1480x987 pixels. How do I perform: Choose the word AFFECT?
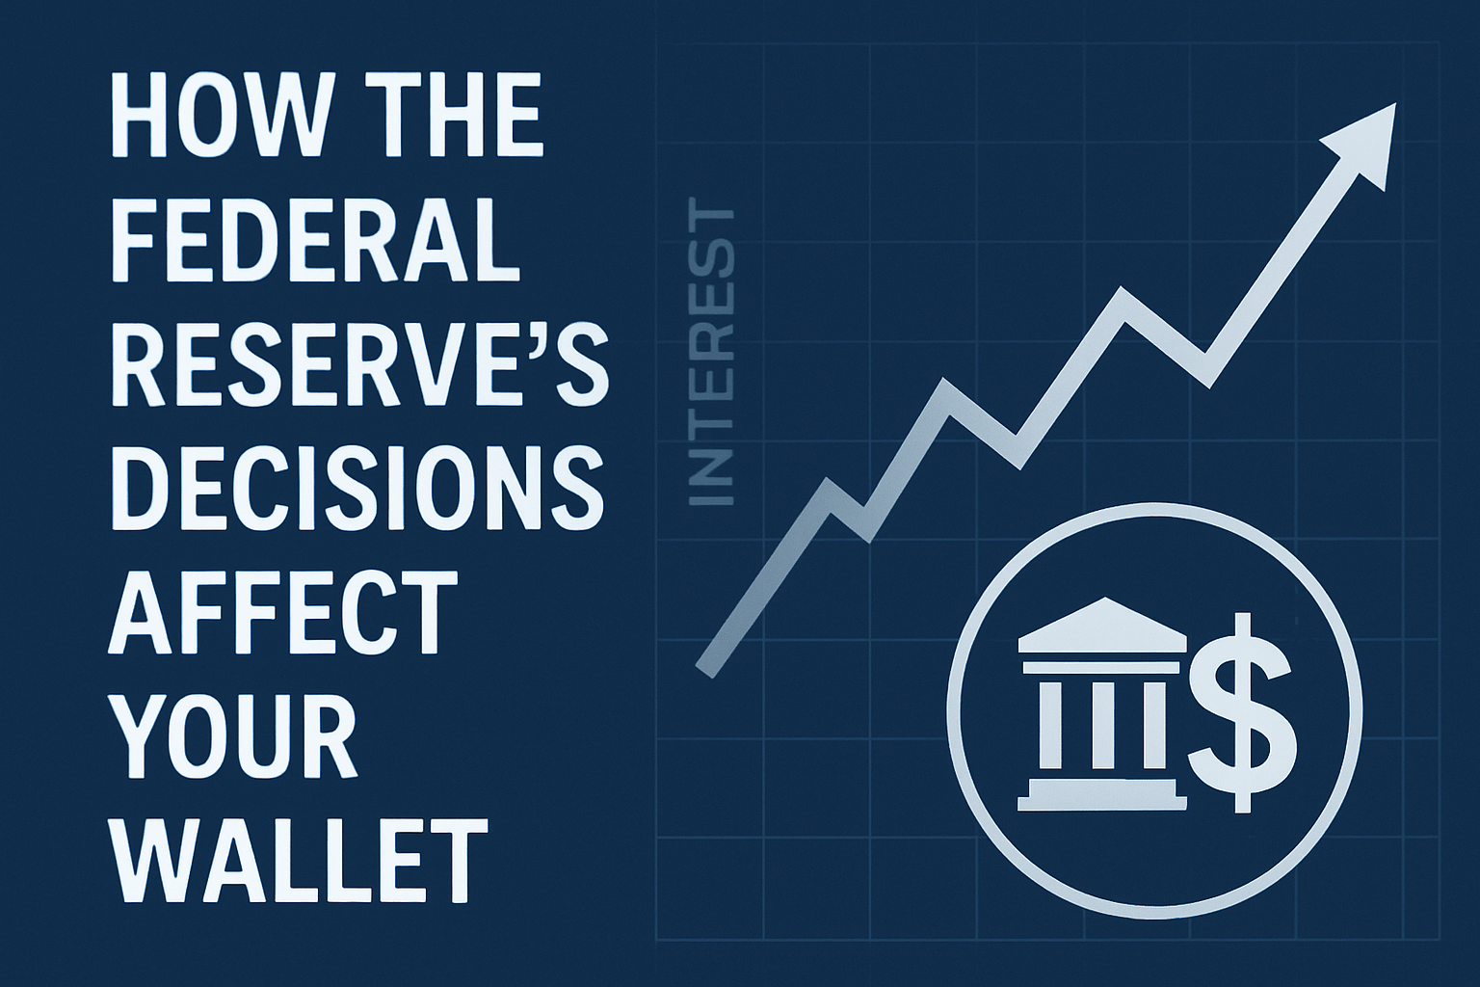coord(280,614)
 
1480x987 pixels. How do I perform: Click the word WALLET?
coord(295,856)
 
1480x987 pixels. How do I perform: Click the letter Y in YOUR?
coord(142,734)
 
